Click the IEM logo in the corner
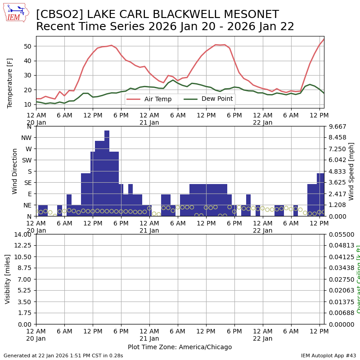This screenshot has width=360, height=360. tap(16, 12)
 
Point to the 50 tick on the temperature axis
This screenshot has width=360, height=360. tap(27, 46)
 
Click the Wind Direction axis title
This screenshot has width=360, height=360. tap(15, 171)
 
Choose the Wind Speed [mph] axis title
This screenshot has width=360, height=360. tap(351, 171)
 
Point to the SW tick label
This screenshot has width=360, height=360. tap(27, 160)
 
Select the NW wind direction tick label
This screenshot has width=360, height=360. tap(27, 137)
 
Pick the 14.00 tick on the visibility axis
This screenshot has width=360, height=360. tap(23, 234)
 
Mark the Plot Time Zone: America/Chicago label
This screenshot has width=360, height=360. tap(180, 347)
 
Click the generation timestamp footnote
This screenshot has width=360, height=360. tap(63, 355)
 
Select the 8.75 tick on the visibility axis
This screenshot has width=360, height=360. tap(25, 268)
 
